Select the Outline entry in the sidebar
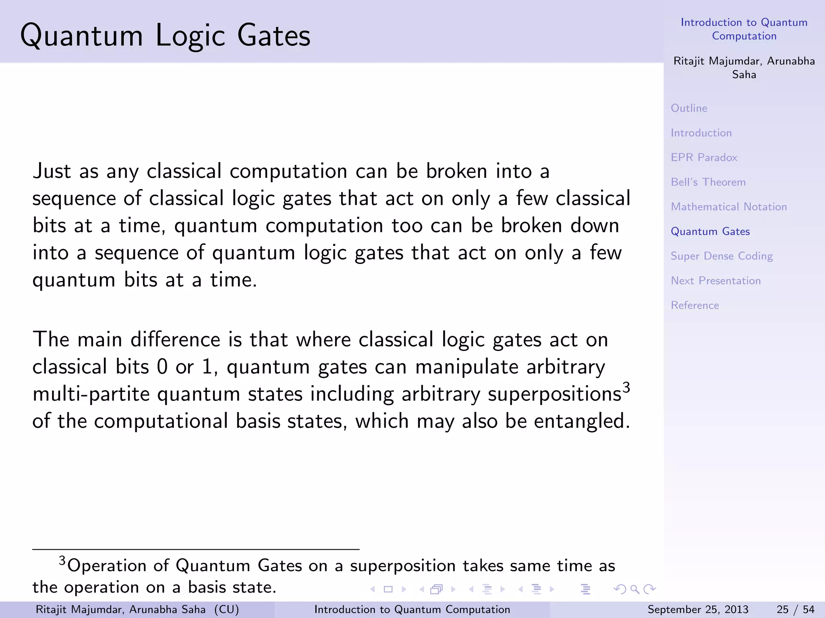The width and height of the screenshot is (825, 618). (x=689, y=108)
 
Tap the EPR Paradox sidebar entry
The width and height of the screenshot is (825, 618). (x=704, y=157)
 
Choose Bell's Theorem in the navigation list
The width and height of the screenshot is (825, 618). (x=708, y=182)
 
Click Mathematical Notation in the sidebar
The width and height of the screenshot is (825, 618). (x=728, y=207)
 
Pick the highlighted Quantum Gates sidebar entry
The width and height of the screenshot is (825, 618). (x=710, y=231)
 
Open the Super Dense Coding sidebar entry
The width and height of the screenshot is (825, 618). (x=721, y=256)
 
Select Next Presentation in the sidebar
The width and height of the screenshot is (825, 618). (x=715, y=281)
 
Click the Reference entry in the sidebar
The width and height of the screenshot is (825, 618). (x=694, y=305)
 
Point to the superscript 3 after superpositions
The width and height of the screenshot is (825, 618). (x=626, y=387)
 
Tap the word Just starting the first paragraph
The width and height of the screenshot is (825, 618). (x=52, y=171)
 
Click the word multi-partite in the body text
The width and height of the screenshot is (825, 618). (x=91, y=394)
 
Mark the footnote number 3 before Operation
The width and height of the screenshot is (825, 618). (x=62, y=560)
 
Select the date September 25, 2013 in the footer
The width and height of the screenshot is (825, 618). (x=698, y=610)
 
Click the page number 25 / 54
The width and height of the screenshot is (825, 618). (x=795, y=610)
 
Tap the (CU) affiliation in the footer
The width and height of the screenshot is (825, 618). (x=226, y=610)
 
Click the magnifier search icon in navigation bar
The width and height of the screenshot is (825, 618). (x=634, y=589)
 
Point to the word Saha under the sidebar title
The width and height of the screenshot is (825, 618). (x=744, y=75)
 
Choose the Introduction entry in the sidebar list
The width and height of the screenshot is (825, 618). (x=701, y=133)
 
